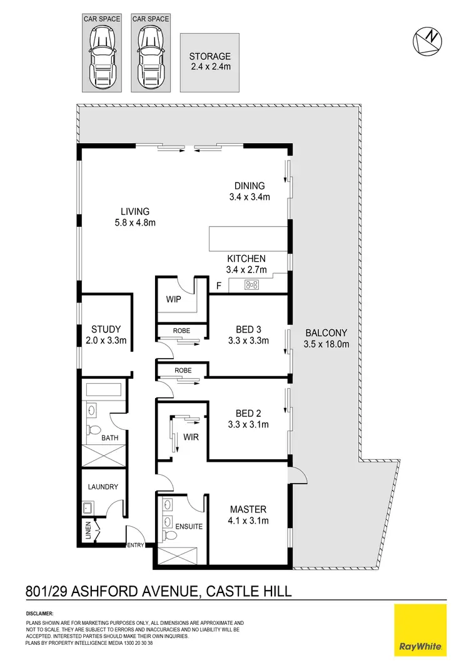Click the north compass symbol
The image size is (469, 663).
pos(428,39)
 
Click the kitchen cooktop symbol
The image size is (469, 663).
pos(251,285)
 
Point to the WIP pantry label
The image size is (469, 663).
pos(173,299)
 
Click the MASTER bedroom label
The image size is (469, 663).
pos(248,509)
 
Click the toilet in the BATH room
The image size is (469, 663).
pos(94,431)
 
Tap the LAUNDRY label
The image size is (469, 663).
pos(103,487)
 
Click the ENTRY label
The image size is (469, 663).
pos(136,545)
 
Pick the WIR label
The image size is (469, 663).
pos(191,437)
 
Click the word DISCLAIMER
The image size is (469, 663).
pos(39,614)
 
